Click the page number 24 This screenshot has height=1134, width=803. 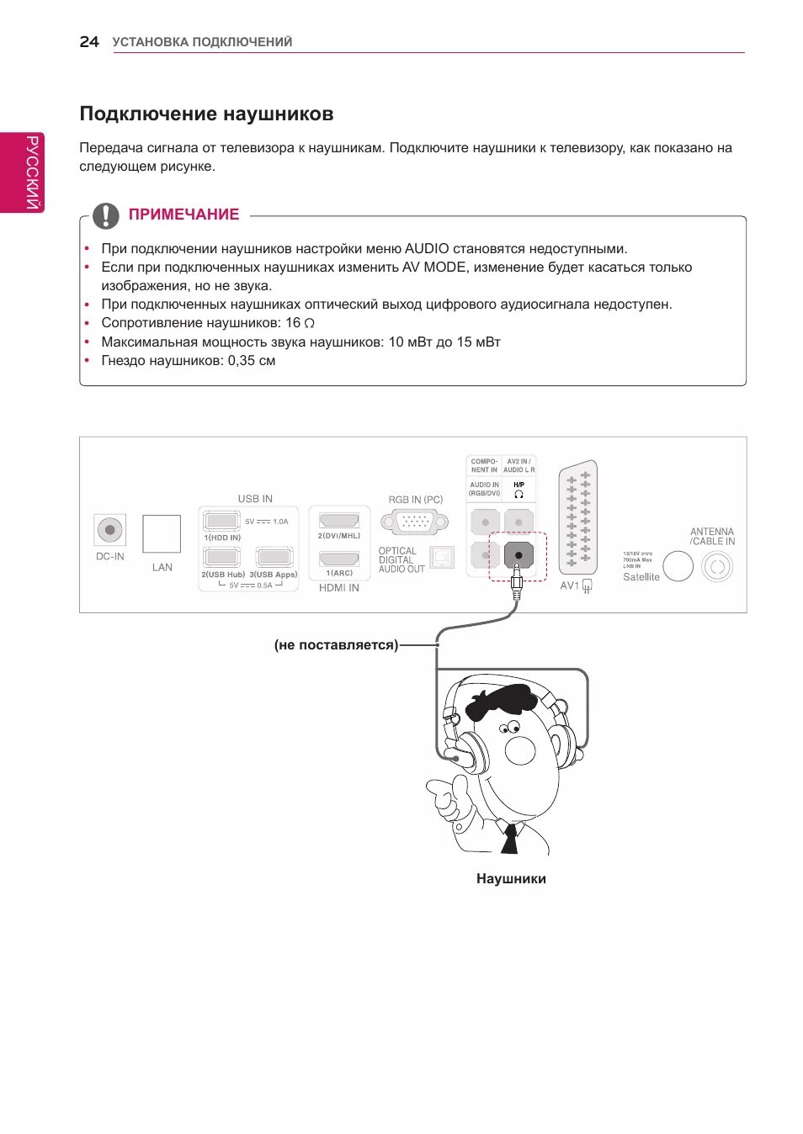(x=89, y=42)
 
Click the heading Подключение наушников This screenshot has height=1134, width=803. (x=206, y=114)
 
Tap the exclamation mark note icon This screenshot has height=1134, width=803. (x=105, y=215)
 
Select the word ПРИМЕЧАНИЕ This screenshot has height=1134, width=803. (x=183, y=215)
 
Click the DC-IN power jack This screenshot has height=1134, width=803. (x=109, y=530)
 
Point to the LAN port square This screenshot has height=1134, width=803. (x=162, y=533)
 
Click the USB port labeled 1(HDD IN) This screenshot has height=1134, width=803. (x=221, y=522)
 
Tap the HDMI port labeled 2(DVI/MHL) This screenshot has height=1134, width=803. (x=339, y=521)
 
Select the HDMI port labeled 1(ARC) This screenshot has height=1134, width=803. (x=339, y=559)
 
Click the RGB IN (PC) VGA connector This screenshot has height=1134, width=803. (x=415, y=522)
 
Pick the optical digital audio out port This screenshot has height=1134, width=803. (x=442, y=557)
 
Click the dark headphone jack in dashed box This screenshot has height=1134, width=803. (x=518, y=555)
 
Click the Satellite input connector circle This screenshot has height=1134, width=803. (x=678, y=566)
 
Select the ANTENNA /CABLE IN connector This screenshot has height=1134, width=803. (x=717, y=567)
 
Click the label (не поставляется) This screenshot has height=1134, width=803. (x=336, y=645)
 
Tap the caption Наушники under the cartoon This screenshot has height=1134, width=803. (x=511, y=878)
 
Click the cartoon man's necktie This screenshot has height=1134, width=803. (x=510, y=839)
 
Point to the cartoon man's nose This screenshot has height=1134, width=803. (x=519, y=750)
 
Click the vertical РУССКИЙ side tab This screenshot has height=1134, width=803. (x=32, y=172)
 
